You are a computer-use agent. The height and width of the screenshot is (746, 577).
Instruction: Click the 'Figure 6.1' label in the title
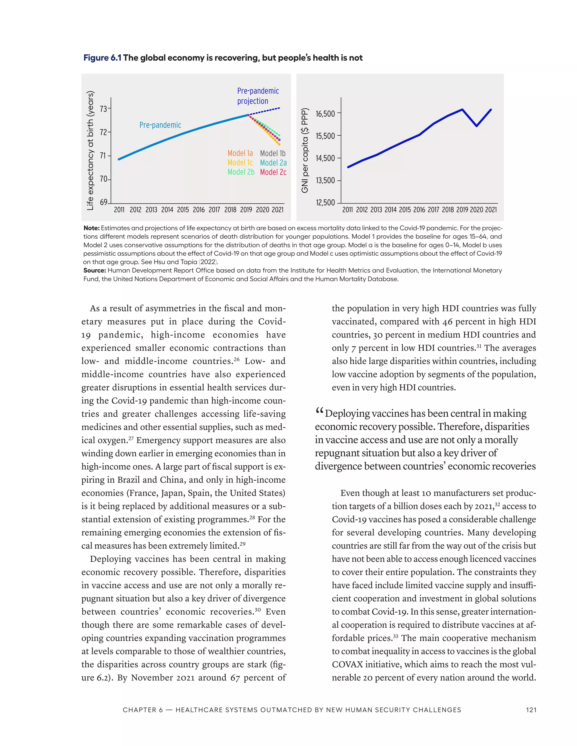[102, 58]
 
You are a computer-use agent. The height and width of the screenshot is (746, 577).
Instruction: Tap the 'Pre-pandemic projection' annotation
[258, 96]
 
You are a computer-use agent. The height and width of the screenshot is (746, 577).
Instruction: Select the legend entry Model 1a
[240, 153]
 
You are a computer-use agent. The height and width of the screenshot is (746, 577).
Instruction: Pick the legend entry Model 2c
[273, 172]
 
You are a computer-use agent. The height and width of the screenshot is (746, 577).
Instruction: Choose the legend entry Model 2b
[241, 172]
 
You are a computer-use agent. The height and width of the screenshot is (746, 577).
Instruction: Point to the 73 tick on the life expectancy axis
[103, 109]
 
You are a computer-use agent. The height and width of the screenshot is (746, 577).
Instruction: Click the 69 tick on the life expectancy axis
[103, 202]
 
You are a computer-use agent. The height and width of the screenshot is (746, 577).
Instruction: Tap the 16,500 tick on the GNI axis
[325, 114]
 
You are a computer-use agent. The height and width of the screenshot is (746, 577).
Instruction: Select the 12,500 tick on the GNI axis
[325, 203]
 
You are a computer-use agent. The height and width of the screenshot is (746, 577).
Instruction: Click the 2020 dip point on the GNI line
[476, 126]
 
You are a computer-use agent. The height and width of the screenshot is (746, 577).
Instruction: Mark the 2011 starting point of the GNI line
[348, 167]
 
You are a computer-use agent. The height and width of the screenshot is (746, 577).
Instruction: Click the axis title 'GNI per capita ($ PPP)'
[305, 150]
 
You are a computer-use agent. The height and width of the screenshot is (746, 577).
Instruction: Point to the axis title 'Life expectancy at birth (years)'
[90, 150]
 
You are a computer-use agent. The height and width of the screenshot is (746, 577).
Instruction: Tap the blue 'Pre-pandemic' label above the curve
[160, 125]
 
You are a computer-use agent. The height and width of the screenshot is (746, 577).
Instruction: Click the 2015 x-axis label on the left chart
[183, 210]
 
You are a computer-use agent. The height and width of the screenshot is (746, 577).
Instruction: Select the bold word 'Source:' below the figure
[95, 271]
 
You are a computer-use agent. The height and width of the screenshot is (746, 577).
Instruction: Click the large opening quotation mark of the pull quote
[319, 411]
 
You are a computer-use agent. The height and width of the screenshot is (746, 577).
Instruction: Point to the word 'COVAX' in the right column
[347, 664]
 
